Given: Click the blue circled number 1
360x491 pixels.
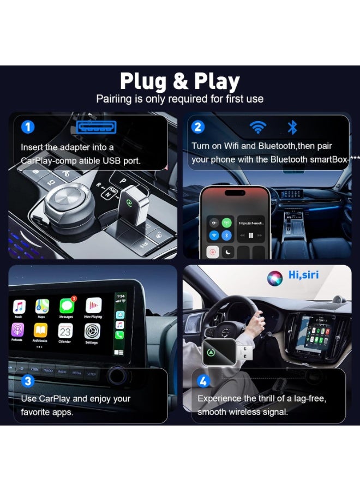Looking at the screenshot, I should tap(27, 128).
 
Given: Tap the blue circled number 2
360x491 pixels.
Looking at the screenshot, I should tap(198, 127).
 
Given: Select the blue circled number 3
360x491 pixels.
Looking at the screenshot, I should tap(28, 381).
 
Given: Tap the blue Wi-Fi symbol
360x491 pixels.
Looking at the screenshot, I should tap(257, 128).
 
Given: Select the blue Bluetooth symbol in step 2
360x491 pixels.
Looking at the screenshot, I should tap(292, 128).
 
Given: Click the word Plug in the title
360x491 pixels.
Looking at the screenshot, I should tap(143, 81).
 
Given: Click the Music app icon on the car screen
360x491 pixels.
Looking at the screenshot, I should tap(19, 307).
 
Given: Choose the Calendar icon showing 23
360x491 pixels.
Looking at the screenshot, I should tap(65, 331).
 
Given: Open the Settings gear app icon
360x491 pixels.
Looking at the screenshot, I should tap(92, 331).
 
